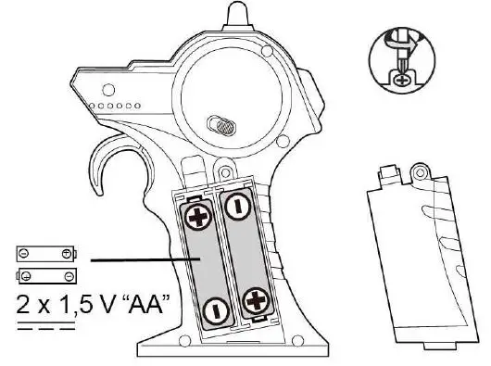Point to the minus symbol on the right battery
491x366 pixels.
(x=237, y=205)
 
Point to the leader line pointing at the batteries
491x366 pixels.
(x=139, y=261)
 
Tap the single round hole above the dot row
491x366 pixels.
(x=108, y=89)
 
